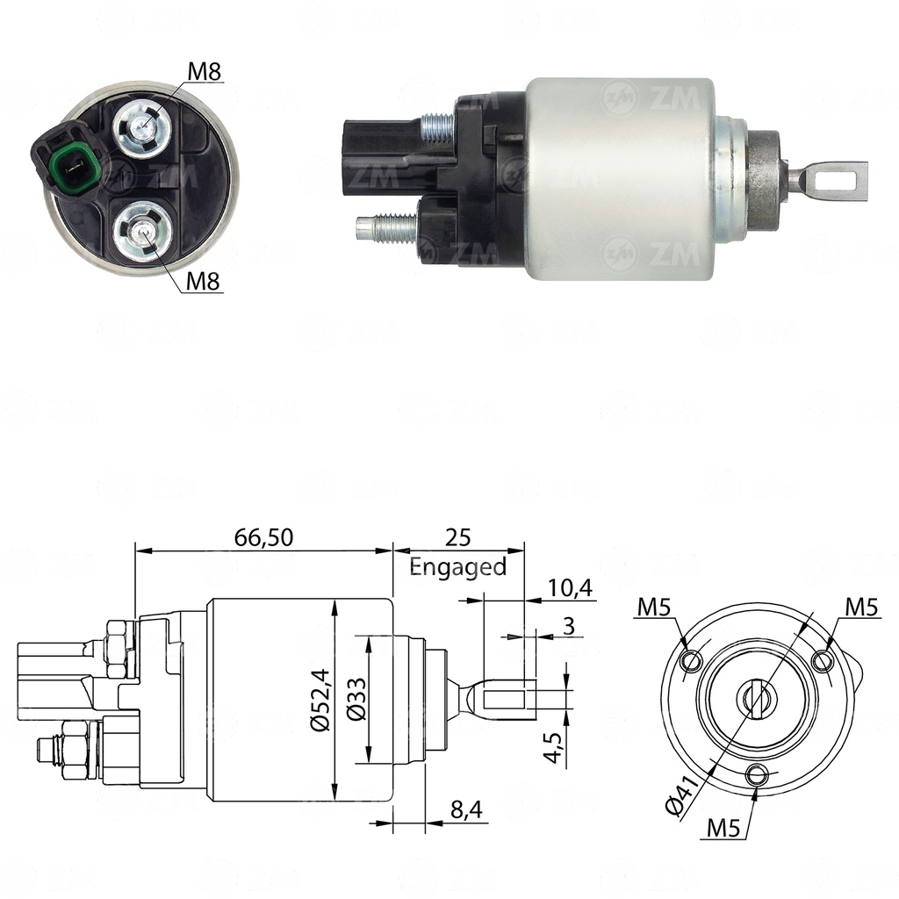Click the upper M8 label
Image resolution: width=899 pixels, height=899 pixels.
point(205,72)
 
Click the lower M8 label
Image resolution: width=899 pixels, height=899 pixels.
point(204,281)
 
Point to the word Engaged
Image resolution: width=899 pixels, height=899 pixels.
point(458,567)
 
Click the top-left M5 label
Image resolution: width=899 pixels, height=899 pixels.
point(655,606)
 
